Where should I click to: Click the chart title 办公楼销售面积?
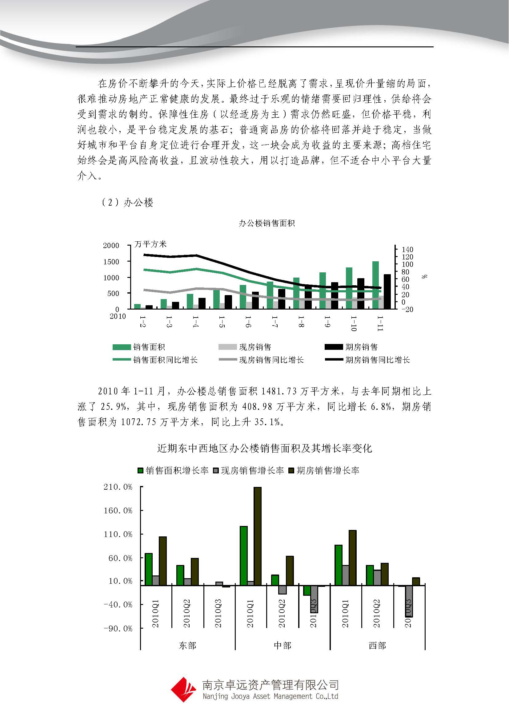click(267, 223)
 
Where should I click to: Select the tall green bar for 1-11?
click(375, 285)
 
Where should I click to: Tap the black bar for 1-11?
click(387, 291)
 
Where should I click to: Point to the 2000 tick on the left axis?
click(111, 246)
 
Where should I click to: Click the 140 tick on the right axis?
click(407, 250)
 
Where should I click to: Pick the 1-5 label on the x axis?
click(222, 322)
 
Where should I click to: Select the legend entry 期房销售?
click(361, 347)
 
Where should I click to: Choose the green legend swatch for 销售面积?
click(122, 347)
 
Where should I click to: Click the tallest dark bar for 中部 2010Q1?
click(257, 536)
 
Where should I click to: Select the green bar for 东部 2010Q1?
click(149, 569)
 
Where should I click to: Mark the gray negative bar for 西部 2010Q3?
click(409, 601)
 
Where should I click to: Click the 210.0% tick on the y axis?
click(118, 487)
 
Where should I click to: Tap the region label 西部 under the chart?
click(377, 646)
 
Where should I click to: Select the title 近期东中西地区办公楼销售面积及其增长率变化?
click(265, 448)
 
